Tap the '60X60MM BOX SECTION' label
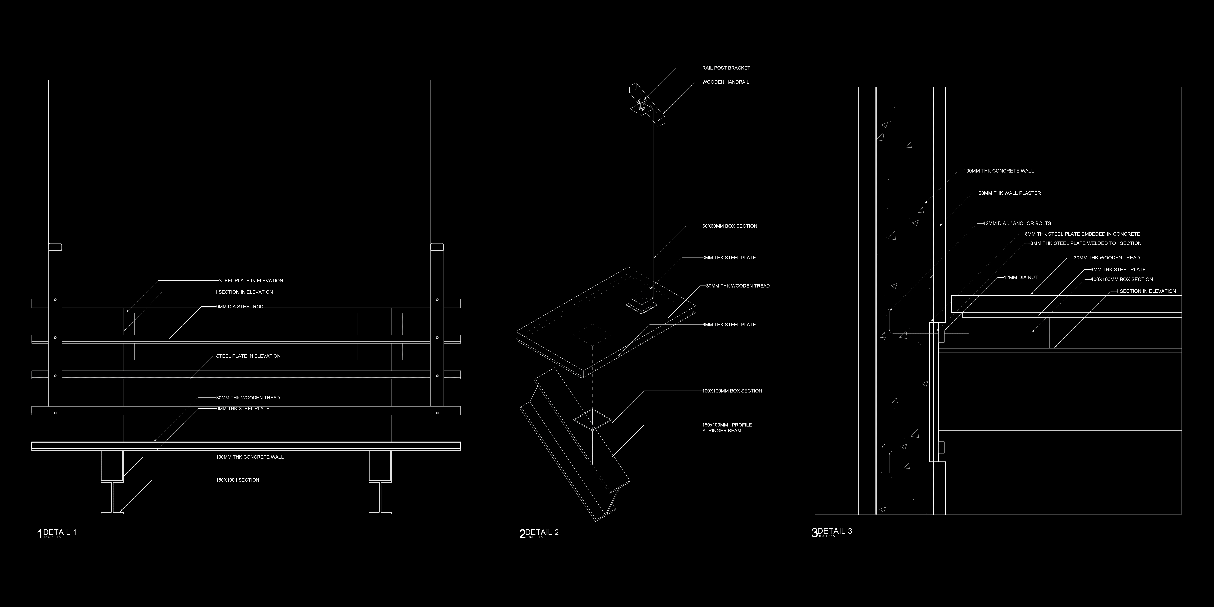(730, 226)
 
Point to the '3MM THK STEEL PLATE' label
(729, 258)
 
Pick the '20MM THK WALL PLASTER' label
(1009, 193)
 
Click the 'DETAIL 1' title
(59, 532)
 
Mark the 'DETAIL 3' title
(835, 531)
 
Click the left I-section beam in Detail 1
(112, 497)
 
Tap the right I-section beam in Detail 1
(380, 497)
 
